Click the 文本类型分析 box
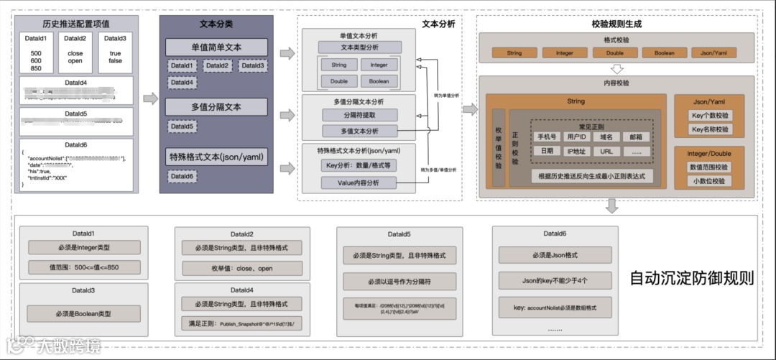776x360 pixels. (x=358, y=47)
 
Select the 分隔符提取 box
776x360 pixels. (x=359, y=115)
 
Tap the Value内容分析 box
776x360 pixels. (x=359, y=183)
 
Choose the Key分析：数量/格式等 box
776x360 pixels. (x=359, y=165)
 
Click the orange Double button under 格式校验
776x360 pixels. (x=614, y=53)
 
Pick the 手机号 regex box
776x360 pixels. (x=547, y=137)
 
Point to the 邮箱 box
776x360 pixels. (x=635, y=137)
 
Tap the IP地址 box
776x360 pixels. (x=576, y=152)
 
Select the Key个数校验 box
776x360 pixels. (x=709, y=115)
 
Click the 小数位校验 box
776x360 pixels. (x=709, y=181)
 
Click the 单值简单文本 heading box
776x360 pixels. (x=216, y=48)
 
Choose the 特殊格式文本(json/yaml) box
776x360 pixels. (x=216, y=157)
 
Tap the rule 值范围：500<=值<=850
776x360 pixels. (x=83, y=268)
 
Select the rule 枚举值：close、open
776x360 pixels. (x=242, y=268)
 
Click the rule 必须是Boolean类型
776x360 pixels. (x=83, y=313)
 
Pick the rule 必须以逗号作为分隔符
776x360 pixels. (x=399, y=281)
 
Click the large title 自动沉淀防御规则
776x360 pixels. (x=691, y=278)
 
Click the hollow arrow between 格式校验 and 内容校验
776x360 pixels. (x=616, y=70)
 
